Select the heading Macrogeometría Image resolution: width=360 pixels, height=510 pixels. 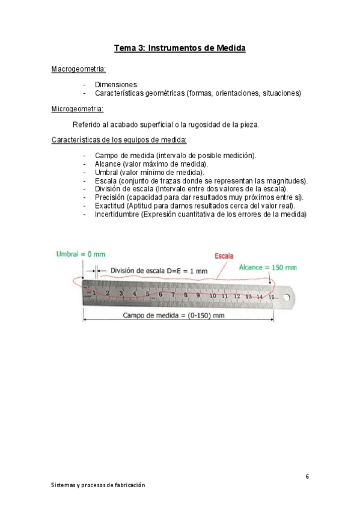point(79,70)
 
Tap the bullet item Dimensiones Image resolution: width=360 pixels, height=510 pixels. point(117,85)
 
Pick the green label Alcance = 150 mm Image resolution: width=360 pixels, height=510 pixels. point(267,267)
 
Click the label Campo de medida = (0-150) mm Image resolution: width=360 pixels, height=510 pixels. point(173,316)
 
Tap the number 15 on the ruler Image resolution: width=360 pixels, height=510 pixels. point(272,296)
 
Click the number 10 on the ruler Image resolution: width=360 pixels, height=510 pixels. point(213,296)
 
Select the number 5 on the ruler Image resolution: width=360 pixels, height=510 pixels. point(147,294)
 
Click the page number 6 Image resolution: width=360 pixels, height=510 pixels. point(307,477)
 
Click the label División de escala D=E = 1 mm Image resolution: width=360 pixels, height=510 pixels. point(158,271)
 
